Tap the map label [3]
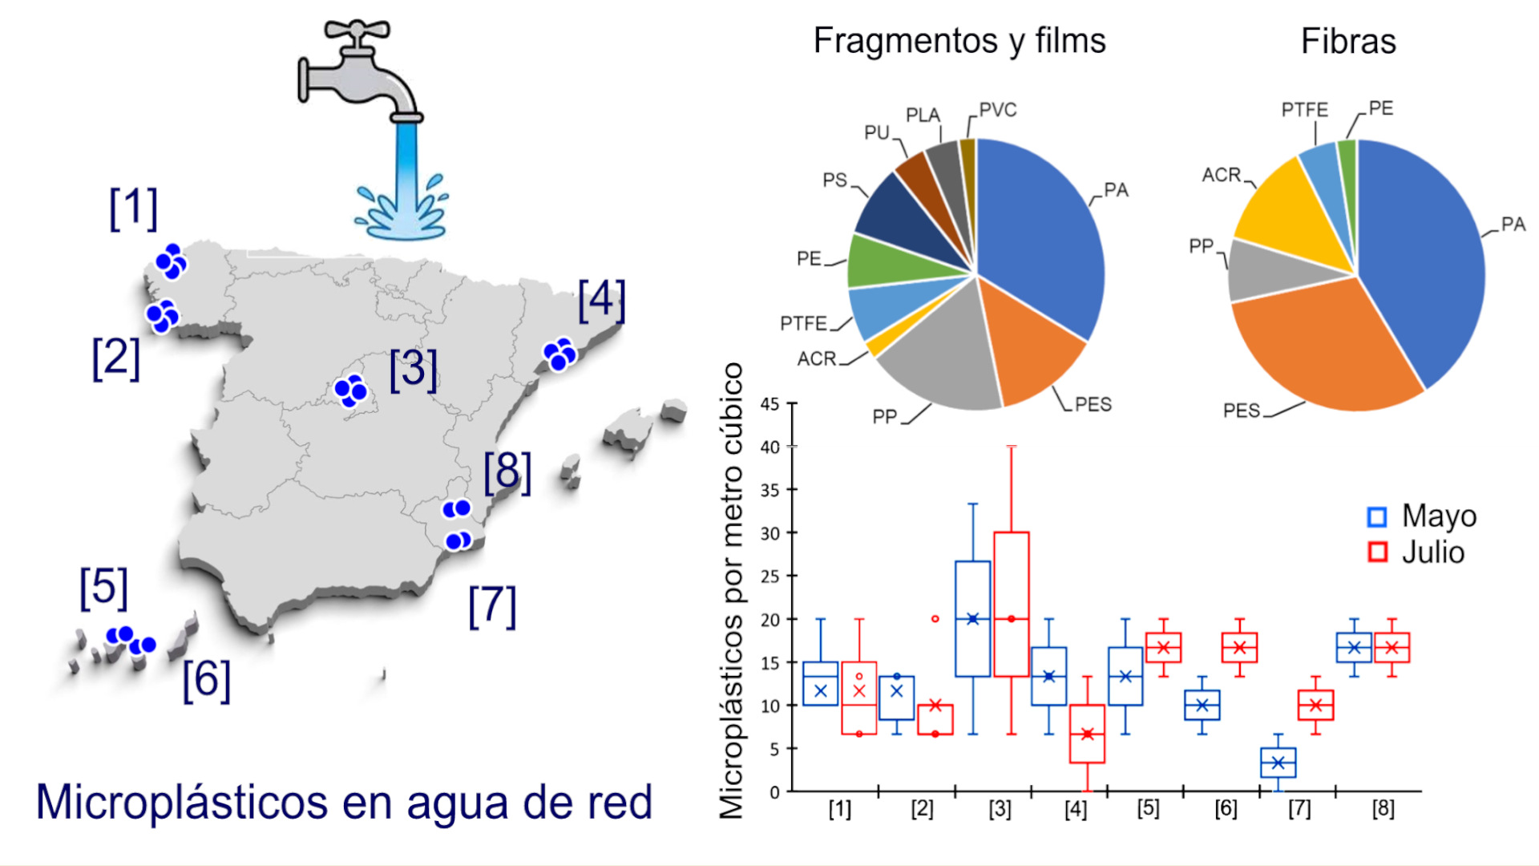pyautogui.click(x=413, y=370)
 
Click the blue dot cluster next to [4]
pyautogui.click(x=559, y=354)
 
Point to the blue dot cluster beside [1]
pyautogui.click(x=171, y=261)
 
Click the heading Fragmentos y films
pyautogui.click(x=959, y=41)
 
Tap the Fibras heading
pyautogui.click(x=1348, y=41)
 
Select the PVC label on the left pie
pyautogui.click(x=998, y=110)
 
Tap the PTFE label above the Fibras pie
pyautogui.click(x=1304, y=110)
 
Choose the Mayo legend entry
pyautogui.click(x=1423, y=516)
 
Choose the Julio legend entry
pyautogui.click(x=1417, y=552)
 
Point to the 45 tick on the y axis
pyautogui.click(x=769, y=404)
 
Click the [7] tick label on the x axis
pyautogui.click(x=1299, y=808)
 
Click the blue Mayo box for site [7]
pyautogui.click(x=1278, y=763)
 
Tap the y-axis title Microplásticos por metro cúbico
pyautogui.click(x=731, y=590)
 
